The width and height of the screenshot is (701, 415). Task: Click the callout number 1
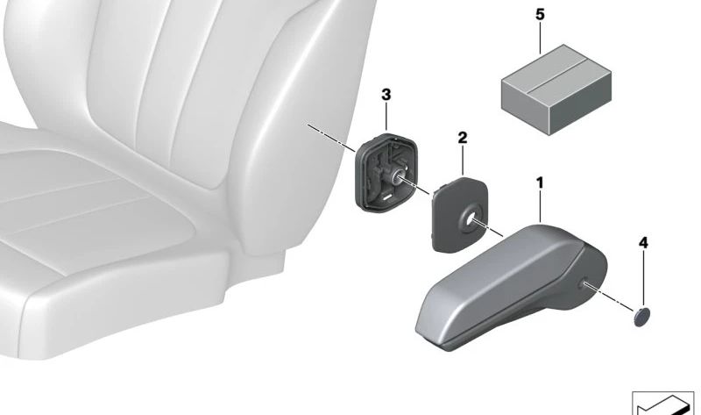pos(540,182)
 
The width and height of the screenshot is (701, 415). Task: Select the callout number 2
pos(463,138)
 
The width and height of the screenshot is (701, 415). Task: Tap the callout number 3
pos(386,95)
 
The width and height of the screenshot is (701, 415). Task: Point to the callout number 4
pos(643,241)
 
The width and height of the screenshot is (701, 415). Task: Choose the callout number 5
pos(540,15)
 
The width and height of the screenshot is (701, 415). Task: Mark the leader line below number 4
pos(643,276)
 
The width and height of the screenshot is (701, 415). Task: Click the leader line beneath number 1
pos(541,206)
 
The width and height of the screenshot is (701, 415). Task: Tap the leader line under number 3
pos(386,118)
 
